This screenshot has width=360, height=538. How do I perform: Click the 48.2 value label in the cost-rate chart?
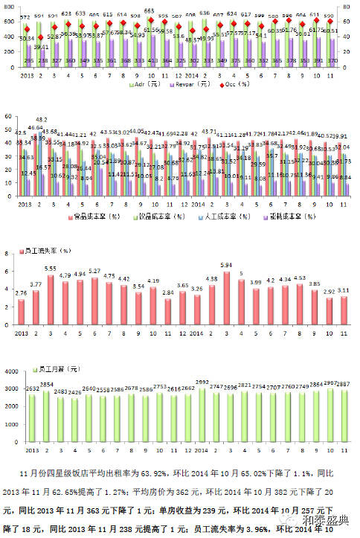tap(42, 120)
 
